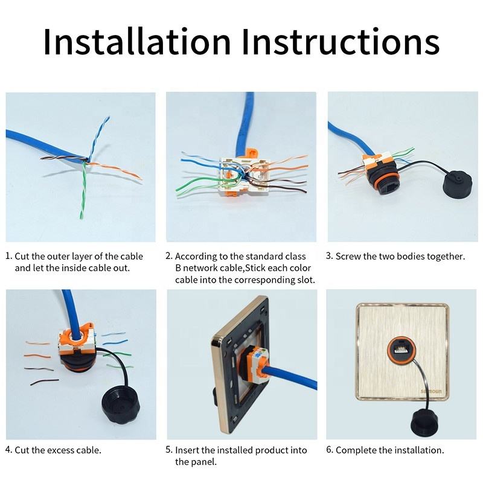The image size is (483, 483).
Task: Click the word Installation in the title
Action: point(137,41)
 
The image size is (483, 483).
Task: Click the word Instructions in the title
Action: point(341,41)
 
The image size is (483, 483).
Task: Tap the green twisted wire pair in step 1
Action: point(83,190)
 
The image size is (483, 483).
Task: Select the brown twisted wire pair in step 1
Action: point(63,158)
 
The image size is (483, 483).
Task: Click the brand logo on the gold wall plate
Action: point(431,391)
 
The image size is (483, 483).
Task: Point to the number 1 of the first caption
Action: point(8,256)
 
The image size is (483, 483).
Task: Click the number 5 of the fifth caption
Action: point(169,450)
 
